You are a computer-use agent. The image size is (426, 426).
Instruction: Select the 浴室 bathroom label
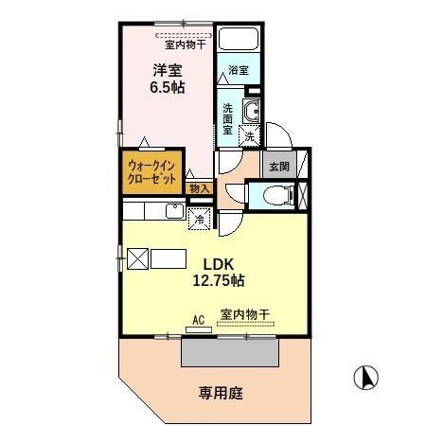coord(239,69)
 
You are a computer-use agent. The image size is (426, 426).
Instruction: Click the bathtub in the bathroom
coord(240,42)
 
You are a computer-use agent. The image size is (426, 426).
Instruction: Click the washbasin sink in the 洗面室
coord(251,114)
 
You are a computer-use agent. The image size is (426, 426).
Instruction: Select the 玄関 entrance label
coord(278,167)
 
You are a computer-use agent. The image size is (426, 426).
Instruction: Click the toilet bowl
coord(272,197)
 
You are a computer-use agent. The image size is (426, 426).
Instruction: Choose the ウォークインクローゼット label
coord(151,172)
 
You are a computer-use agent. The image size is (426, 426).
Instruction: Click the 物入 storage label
coord(199,189)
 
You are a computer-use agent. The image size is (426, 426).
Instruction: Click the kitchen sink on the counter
coord(173,211)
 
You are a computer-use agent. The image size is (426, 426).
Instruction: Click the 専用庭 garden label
coord(220,393)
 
